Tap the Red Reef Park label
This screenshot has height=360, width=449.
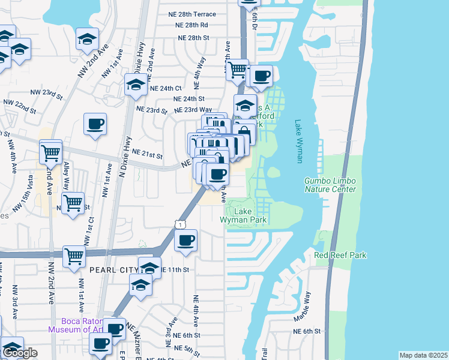pyautogui.click(x=340, y=255)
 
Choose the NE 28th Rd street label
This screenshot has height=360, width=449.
pyautogui.click(x=191, y=25)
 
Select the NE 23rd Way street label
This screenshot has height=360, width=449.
pyautogui.click(x=193, y=110)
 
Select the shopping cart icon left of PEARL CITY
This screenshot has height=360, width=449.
pyautogui.click(x=74, y=256)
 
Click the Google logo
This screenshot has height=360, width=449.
pyautogui.click(x=20, y=353)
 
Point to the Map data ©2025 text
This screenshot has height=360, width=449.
pyautogui.click(x=423, y=355)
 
